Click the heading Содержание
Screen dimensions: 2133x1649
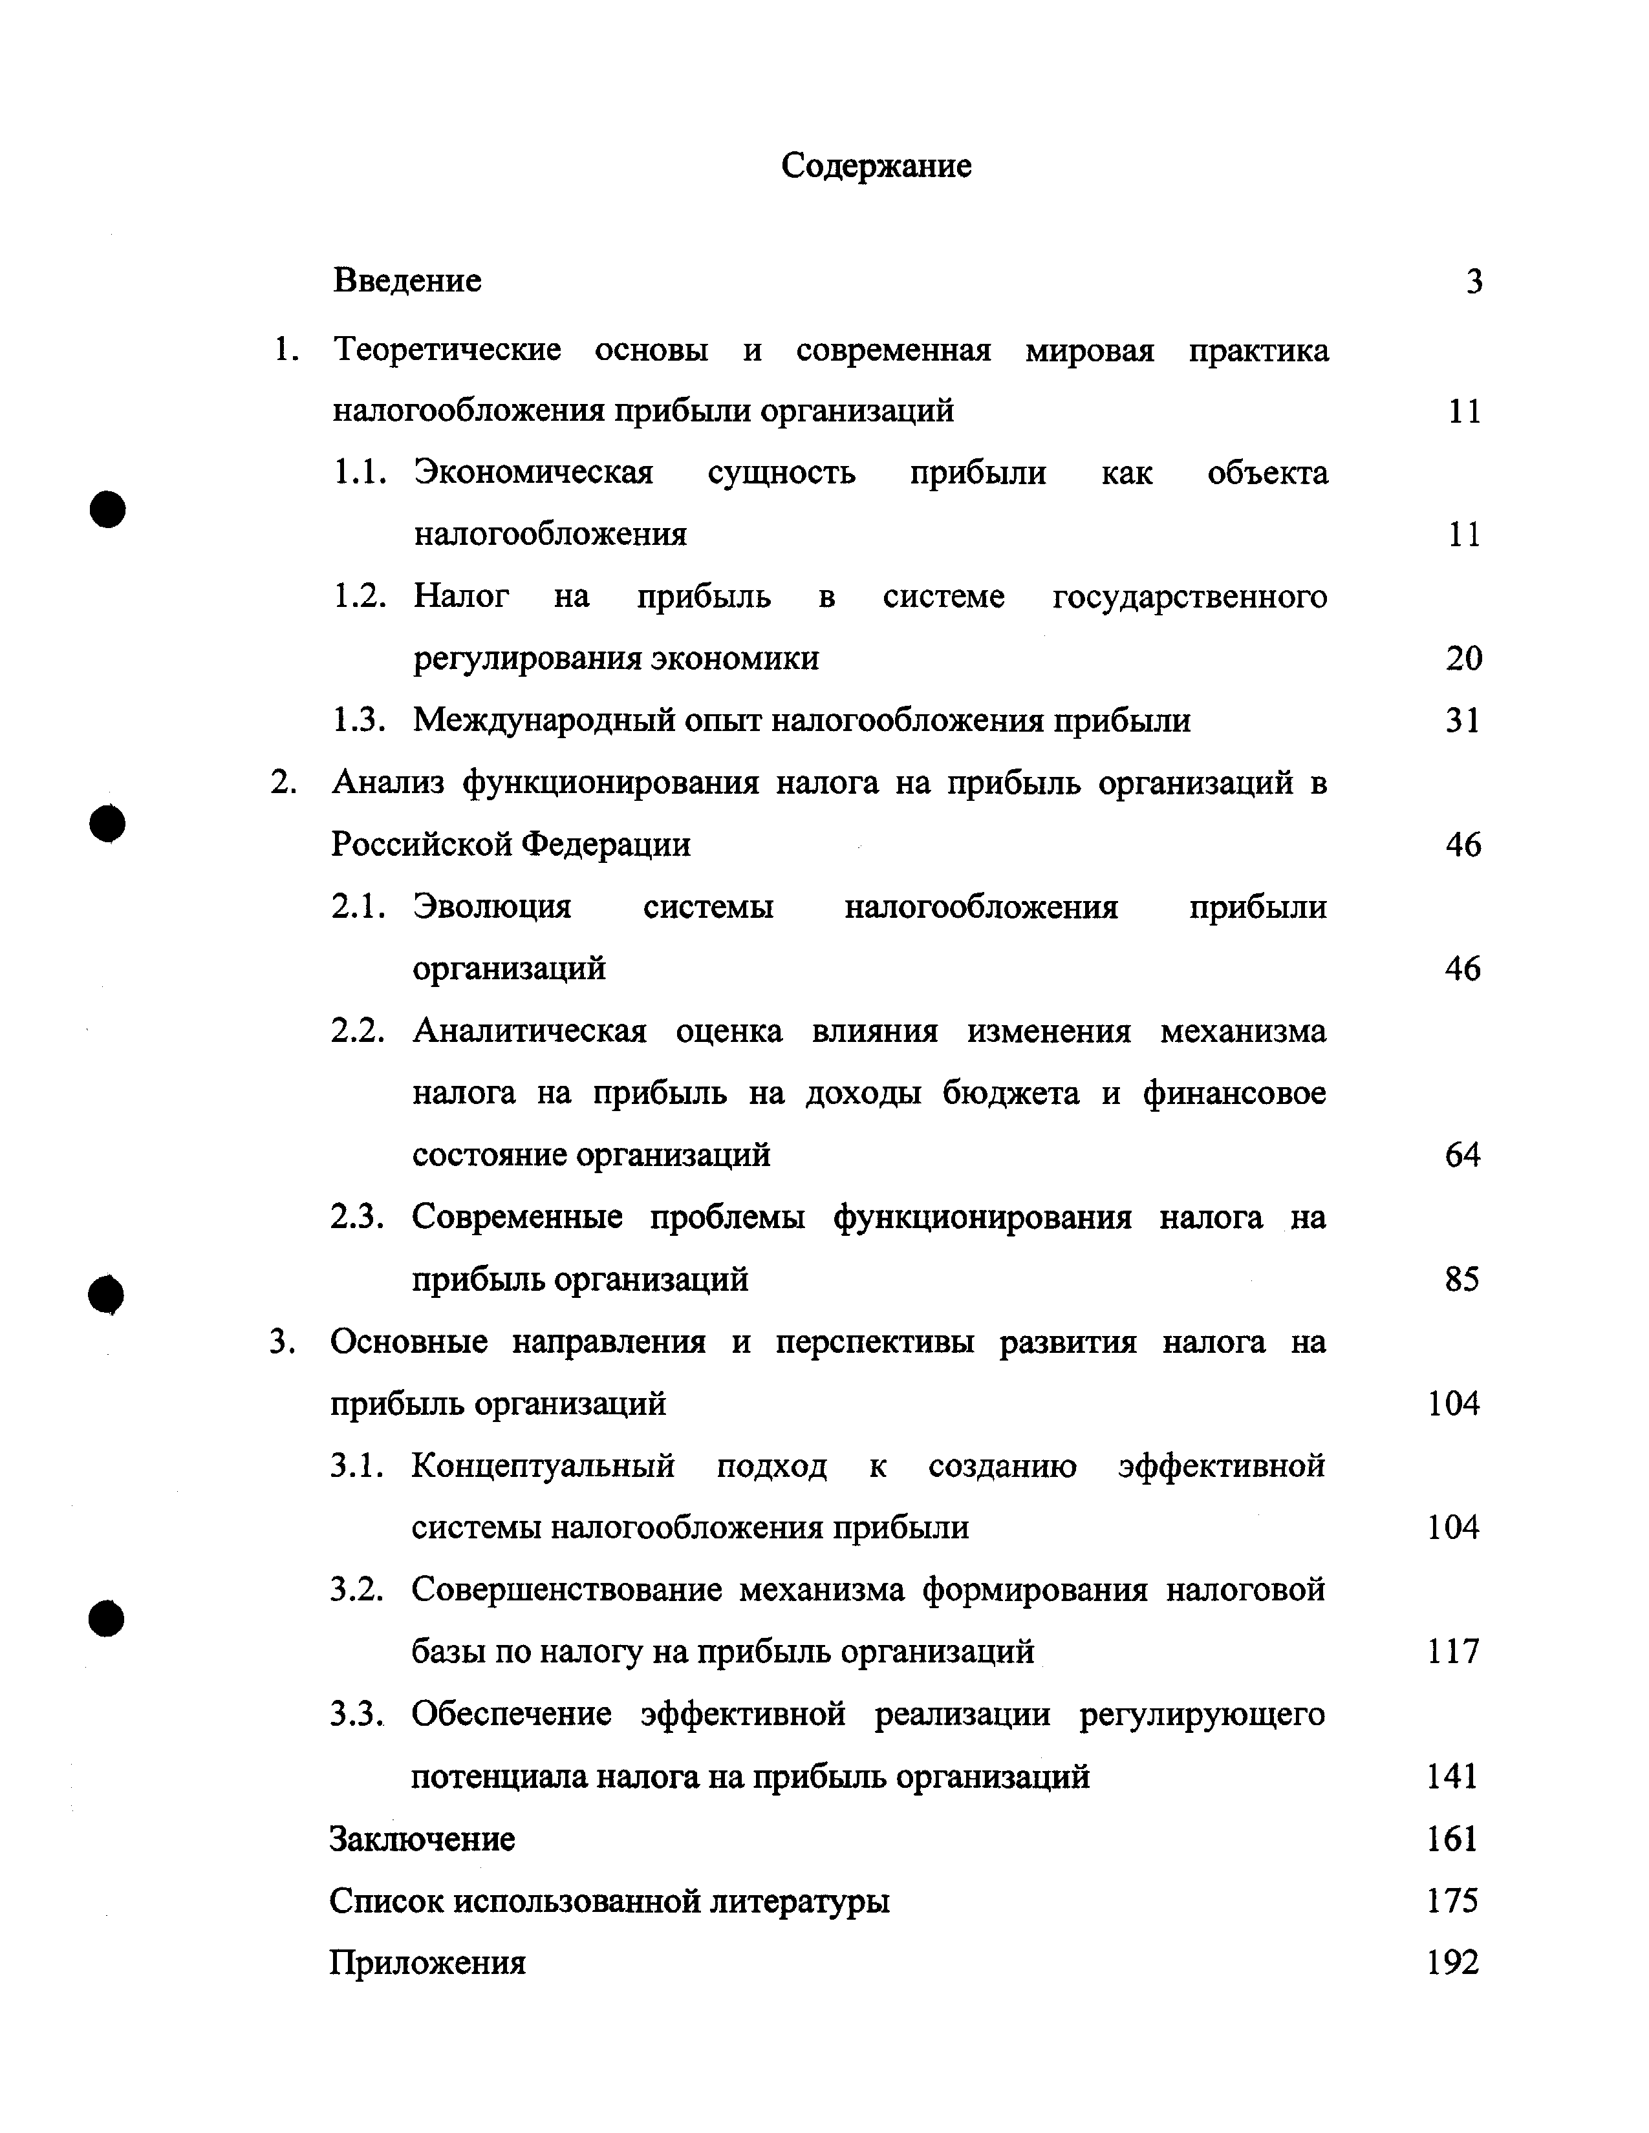tap(876, 166)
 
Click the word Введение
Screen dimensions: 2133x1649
tap(407, 281)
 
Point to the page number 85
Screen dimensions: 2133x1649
tap(1462, 1279)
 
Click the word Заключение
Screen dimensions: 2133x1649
tap(422, 1839)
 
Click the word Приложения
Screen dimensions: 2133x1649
tap(427, 1963)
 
